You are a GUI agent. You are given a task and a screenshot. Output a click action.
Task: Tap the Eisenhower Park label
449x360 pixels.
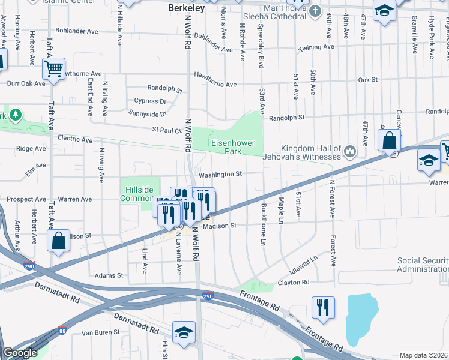[x=233, y=148]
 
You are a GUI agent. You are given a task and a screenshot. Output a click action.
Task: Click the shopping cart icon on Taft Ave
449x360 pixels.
[x=54, y=70]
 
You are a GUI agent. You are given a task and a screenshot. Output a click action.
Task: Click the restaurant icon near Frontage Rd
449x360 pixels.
[x=323, y=308]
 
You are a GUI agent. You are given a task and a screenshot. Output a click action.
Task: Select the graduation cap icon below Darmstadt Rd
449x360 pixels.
[x=184, y=332]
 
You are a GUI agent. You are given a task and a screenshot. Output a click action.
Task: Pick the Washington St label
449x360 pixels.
[x=220, y=174]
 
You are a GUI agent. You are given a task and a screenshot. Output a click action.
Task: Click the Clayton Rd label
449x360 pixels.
[x=293, y=282]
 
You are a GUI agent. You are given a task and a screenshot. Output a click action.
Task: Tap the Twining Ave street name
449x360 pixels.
[x=316, y=47]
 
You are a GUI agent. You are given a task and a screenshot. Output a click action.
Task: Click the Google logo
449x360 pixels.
[x=19, y=353]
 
